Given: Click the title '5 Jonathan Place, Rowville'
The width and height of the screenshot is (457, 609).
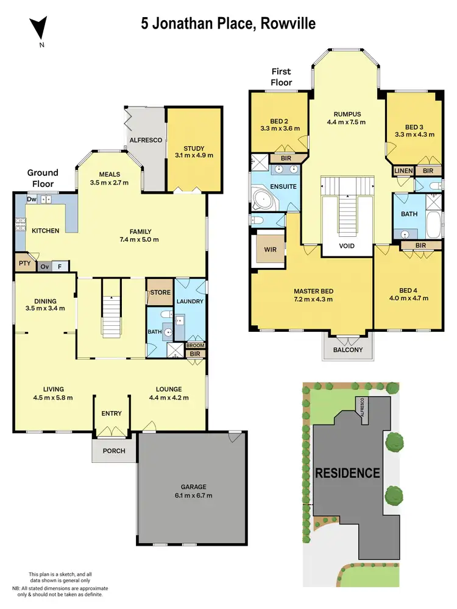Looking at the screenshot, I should (x=228, y=24).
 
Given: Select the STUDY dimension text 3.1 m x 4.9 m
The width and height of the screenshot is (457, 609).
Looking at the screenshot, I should (x=194, y=155).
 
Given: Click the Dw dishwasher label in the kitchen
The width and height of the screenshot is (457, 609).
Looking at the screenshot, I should (x=31, y=199).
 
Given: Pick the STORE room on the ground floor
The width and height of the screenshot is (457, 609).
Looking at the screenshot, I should (x=160, y=293).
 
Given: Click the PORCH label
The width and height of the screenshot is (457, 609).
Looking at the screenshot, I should (x=114, y=451).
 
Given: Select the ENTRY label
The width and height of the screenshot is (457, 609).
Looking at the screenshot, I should (x=112, y=414).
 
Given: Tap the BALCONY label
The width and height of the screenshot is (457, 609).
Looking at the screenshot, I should (x=347, y=350).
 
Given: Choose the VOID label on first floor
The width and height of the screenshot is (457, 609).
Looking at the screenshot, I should (x=347, y=247).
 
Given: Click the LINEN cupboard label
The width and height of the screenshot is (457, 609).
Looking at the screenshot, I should (x=403, y=171).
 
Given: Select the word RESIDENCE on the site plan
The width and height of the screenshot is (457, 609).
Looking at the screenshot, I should (x=347, y=473).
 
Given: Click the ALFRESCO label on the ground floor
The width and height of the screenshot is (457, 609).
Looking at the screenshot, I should (x=146, y=140).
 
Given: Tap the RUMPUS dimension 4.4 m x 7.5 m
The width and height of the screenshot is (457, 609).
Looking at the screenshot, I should (x=346, y=122).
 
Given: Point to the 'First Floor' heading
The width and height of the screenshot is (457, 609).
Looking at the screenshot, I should (x=282, y=77).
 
